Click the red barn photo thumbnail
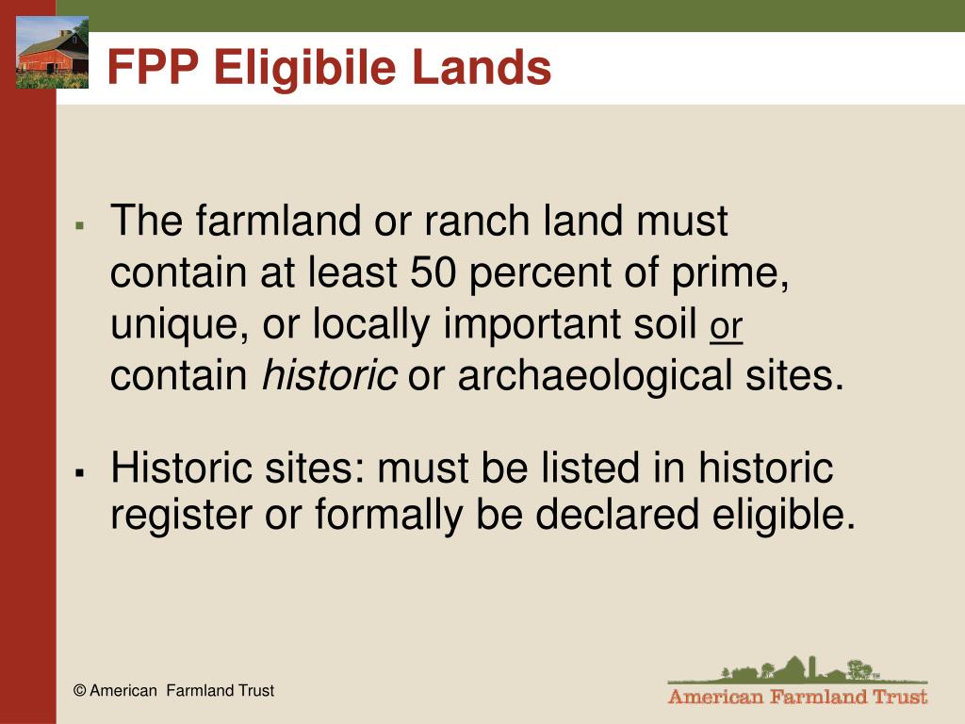tap(53, 53)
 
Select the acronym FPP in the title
tap(154, 67)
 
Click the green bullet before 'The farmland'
tap(79, 226)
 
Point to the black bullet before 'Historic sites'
tap(79, 472)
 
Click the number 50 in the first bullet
tap(433, 271)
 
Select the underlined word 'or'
tap(727, 326)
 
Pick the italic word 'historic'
tap(329, 374)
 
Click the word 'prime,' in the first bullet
tap(730, 273)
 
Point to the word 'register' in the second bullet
tap(182, 516)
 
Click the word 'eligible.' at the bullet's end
tap(783, 515)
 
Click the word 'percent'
tap(540, 273)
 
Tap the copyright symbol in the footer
tap(79, 691)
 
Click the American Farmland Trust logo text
tap(797, 697)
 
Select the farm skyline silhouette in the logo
tap(797, 670)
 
